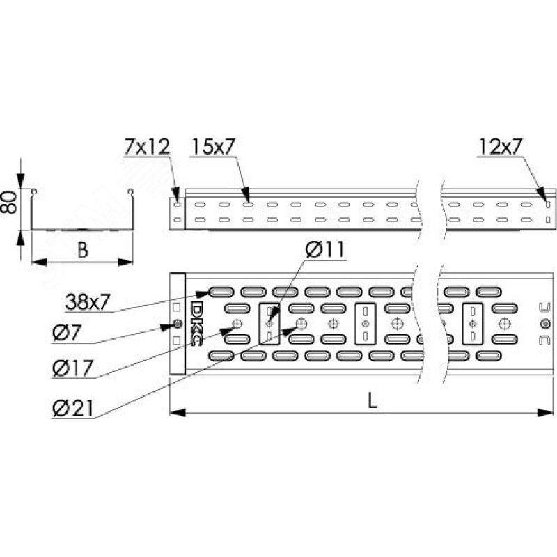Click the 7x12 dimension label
click(x=147, y=147)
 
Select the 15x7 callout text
click(x=214, y=146)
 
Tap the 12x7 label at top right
click(x=500, y=146)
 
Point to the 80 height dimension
click(x=8, y=202)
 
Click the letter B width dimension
click(x=82, y=250)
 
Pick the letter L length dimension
click(x=372, y=401)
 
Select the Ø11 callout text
click(x=325, y=249)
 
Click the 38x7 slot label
click(x=88, y=302)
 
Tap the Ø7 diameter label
click(x=66, y=333)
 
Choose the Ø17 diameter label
click(x=72, y=368)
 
